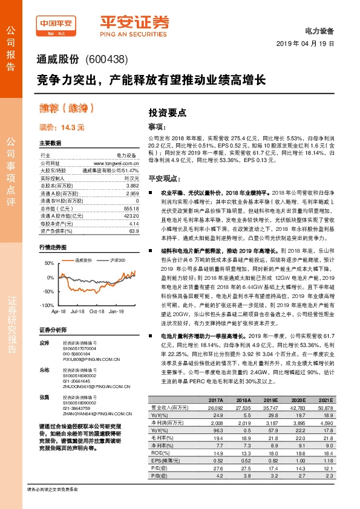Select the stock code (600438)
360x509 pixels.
tap(106, 60)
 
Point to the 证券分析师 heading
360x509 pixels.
tap(51, 330)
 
